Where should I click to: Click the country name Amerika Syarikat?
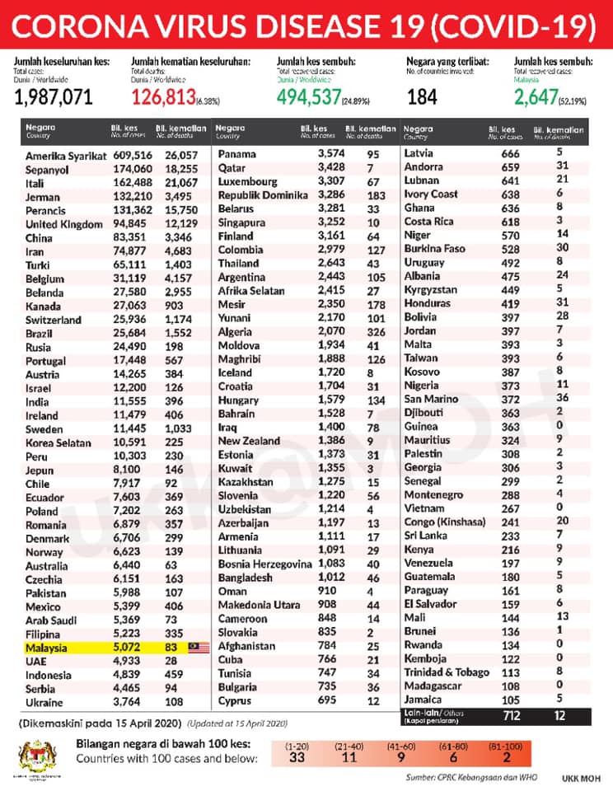coord(66,156)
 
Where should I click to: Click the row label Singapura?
coord(245,222)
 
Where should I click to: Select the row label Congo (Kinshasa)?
coord(444,521)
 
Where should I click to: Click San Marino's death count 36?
coord(559,398)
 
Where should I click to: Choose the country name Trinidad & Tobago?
coord(446,672)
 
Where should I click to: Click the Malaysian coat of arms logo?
coord(34,754)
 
